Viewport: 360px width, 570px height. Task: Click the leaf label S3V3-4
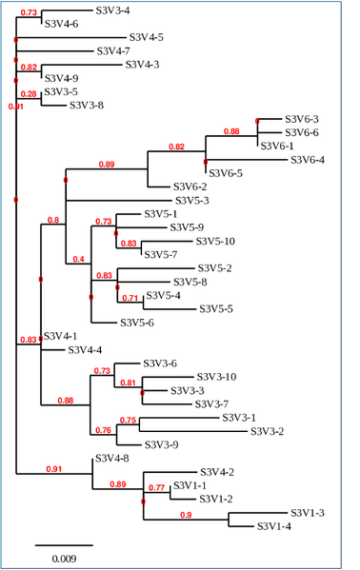(113, 10)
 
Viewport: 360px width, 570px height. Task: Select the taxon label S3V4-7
(114, 50)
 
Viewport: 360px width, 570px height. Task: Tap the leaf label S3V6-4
(308, 160)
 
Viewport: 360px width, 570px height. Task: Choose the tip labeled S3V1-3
(308, 513)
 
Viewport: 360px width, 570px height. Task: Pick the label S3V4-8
(111, 459)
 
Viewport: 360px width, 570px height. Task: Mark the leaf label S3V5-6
(137, 323)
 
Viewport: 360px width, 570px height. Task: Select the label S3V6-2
(190, 187)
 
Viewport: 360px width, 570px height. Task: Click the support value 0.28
(29, 94)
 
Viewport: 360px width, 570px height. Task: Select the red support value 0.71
(130, 299)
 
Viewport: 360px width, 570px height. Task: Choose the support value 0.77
(155, 488)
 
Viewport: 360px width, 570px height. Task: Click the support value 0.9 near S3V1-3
(185, 515)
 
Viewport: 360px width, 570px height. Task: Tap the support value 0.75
(129, 420)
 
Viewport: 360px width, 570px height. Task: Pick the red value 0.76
(103, 430)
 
